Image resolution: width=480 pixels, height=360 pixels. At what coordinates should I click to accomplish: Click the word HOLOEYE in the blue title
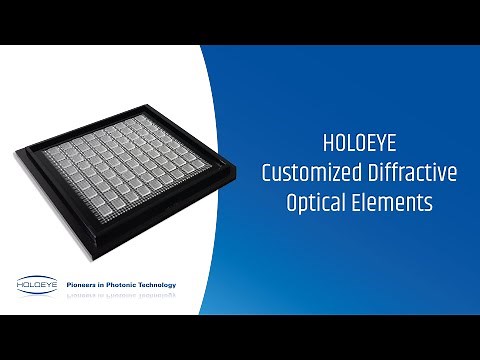[x=359, y=142]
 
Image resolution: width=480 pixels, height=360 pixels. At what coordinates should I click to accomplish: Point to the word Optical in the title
[x=321, y=203]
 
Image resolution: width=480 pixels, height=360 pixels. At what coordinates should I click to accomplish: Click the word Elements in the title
[x=396, y=202]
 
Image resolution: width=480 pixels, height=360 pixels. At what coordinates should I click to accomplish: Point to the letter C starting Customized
[x=266, y=172]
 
